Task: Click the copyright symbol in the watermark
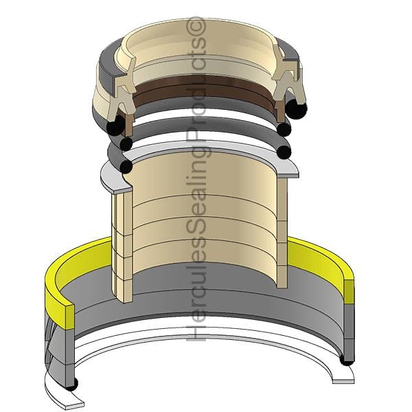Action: pyautogui.click(x=195, y=25)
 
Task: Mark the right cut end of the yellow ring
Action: pyautogui.click(x=349, y=293)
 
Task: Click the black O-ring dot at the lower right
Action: pyautogui.click(x=347, y=360)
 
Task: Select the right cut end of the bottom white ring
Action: pyautogui.click(x=343, y=381)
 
